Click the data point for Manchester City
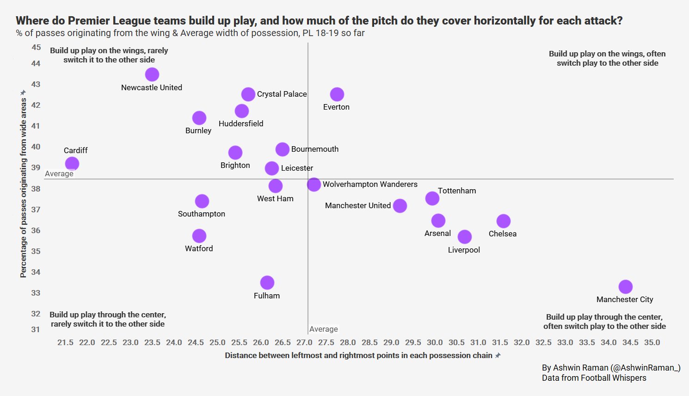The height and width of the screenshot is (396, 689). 625,287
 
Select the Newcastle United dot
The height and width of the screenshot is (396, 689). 152,74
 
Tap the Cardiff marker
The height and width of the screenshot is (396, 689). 72,163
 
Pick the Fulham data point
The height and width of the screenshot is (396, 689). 267,283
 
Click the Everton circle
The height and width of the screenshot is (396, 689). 337,94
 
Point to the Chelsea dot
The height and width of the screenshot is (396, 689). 504,221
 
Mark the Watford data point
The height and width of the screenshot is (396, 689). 199,236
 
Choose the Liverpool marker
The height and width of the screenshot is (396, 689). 465,237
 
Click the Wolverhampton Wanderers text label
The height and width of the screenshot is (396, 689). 370,184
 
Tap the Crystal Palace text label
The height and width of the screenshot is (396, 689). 282,94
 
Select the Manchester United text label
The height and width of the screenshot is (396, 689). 358,205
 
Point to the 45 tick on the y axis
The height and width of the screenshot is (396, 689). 36,47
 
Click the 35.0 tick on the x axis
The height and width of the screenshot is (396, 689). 652,342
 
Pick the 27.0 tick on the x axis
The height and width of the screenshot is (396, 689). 304,342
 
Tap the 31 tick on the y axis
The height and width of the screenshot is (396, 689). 36,329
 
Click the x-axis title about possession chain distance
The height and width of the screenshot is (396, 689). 358,355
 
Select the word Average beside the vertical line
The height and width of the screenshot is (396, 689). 324,329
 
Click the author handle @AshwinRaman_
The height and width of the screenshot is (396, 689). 646,368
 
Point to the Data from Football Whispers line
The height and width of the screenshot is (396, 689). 594,378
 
